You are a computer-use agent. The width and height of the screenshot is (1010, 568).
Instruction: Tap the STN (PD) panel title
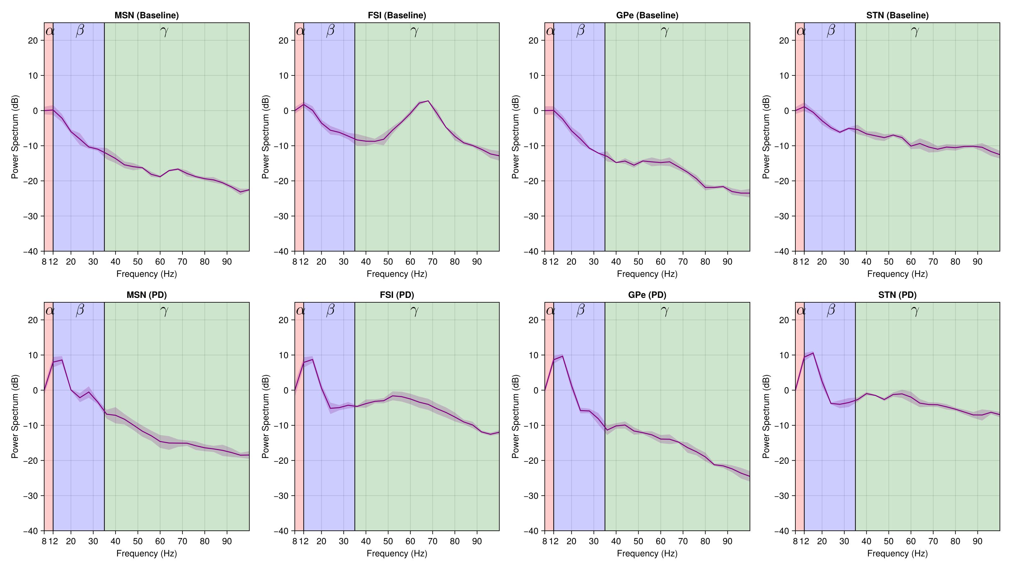pyautogui.click(x=897, y=295)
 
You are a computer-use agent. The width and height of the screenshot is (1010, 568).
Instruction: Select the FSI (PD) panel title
pyautogui.click(x=397, y=295)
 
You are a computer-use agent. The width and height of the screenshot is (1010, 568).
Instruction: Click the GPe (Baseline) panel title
pyautogui.click(x=647, y=15)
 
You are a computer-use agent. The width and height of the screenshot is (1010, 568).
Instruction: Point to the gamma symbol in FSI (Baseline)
pyautogui.click(x=414, y=31)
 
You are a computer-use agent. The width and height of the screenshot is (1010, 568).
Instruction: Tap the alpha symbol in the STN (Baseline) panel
pyautogui.click(x=801, y=31)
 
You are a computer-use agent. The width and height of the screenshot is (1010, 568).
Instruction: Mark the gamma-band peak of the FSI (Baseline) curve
pyautogui.click(x=428, y=101)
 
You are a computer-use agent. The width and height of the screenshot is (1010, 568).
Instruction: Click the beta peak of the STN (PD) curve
pyautogui.click(x=813, y=353)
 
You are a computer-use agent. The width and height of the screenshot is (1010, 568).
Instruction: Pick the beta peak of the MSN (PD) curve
pyautogui.click(x=62, y=360)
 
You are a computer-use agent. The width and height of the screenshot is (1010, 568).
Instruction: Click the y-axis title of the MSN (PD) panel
pyautogui.click(x=15, y=416)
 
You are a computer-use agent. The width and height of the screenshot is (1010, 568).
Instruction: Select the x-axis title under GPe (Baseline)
pyautogui.click(x=647, y=274)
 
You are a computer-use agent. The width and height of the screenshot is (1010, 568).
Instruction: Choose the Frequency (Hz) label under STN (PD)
pyautogui.click(x=897, y=553)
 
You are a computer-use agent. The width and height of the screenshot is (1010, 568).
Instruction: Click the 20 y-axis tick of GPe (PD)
pyautogui.click(x=533, y=320)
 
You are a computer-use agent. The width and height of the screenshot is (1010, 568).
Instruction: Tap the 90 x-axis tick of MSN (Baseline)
pyautogui.click(x=227, y=262)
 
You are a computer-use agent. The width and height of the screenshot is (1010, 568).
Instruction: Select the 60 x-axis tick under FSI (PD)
pyautogui.click(x=410, y=541)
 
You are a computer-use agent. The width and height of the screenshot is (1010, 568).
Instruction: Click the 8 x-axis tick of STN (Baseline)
pyautogui.click(x=795, y=262)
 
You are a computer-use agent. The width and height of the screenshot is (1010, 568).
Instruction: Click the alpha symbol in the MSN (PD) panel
pyautogui.click(x=50, y=311)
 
